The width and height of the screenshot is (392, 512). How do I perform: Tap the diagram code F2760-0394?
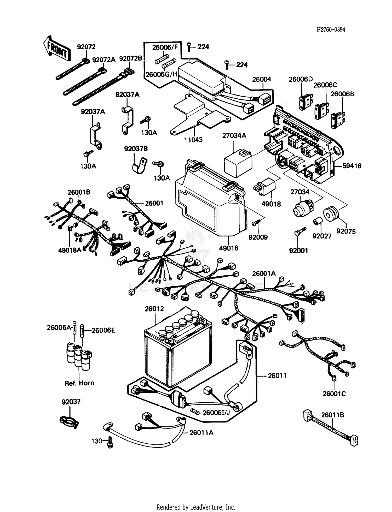pos(331,29)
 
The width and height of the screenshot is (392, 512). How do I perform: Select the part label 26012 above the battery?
pos(154,309)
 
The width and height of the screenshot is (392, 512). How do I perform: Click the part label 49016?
pos(228,248)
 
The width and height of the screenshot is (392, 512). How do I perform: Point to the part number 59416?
pos(352,166)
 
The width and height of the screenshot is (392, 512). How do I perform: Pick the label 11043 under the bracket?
pos(193,140)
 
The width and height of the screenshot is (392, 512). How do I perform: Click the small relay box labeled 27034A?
pos(238,162)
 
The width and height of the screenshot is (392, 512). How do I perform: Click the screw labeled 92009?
pos(256,223)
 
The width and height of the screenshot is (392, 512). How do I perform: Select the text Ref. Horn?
pos(79,383)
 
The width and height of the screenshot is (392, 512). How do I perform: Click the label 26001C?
pos(334,394)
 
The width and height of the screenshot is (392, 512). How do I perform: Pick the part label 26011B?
pos(332,415)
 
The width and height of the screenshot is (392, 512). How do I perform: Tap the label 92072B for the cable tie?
pos(131,59)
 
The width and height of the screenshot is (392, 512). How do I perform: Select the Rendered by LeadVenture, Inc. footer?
pos(196,507)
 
